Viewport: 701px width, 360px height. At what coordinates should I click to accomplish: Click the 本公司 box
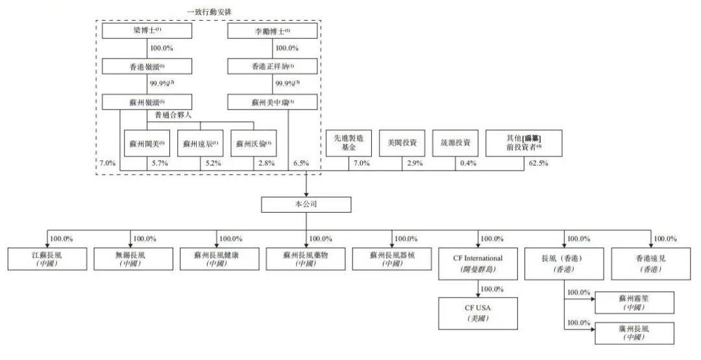point(306,205)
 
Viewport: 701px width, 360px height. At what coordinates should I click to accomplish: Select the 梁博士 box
point(147,31)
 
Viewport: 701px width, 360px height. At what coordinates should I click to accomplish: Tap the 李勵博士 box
point(273,31)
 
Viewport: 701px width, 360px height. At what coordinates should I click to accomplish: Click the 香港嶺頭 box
point(147,66)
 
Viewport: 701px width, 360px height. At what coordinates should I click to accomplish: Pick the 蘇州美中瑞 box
point(273,102)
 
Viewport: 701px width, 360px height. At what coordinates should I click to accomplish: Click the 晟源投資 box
point(455,142)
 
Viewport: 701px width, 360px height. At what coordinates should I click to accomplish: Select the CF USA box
point(478,312)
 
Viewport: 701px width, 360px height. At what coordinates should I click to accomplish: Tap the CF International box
point(478,262)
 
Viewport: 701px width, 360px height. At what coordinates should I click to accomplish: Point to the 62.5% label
point(539,163)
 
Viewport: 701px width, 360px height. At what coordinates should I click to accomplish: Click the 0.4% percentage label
point(466,163)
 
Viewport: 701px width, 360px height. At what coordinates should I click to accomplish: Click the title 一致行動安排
point(209,11)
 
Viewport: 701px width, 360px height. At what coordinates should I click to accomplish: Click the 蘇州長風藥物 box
point(306,259)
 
